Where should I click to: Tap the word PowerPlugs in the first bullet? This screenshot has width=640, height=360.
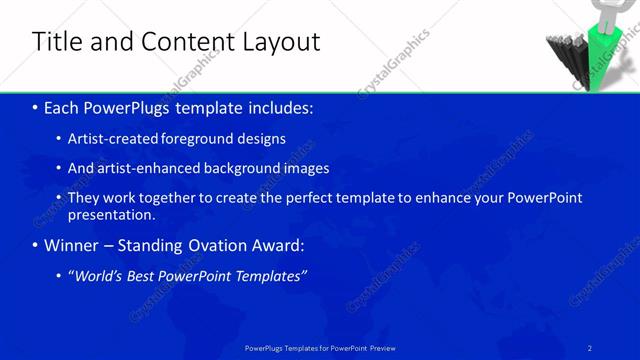130,107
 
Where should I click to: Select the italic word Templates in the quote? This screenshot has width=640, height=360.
270,276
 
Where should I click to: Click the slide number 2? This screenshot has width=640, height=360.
591,347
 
